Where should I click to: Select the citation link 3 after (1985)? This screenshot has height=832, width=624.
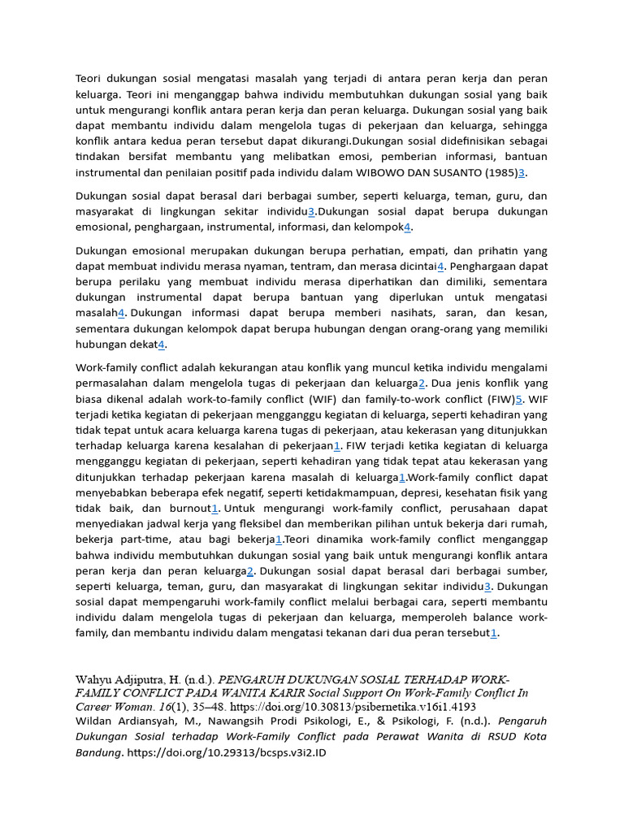(522, 173)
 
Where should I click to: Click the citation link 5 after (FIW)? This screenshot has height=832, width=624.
(519, 399)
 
